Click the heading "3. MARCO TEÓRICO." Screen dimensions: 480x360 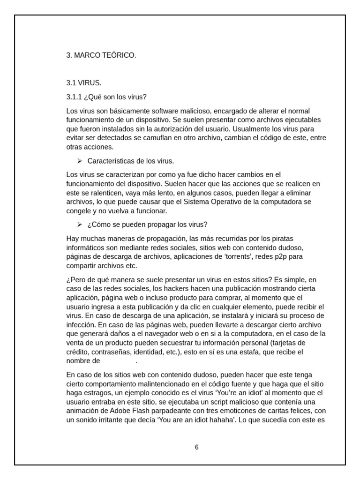101,55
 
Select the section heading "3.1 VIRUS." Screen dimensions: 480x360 84,83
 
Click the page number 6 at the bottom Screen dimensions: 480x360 197,447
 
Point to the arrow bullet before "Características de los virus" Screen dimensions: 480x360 80,161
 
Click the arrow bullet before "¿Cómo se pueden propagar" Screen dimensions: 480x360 80,224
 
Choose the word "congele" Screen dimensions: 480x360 79,211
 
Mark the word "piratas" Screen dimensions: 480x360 282,239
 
